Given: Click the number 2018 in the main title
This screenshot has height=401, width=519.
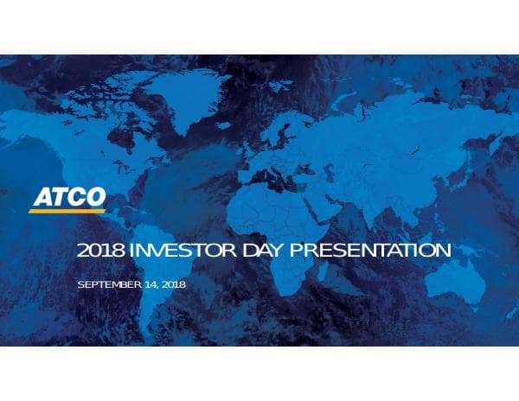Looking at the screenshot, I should [x=101, y=251].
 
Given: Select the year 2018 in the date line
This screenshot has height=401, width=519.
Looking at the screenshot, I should [x=173, y=284].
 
